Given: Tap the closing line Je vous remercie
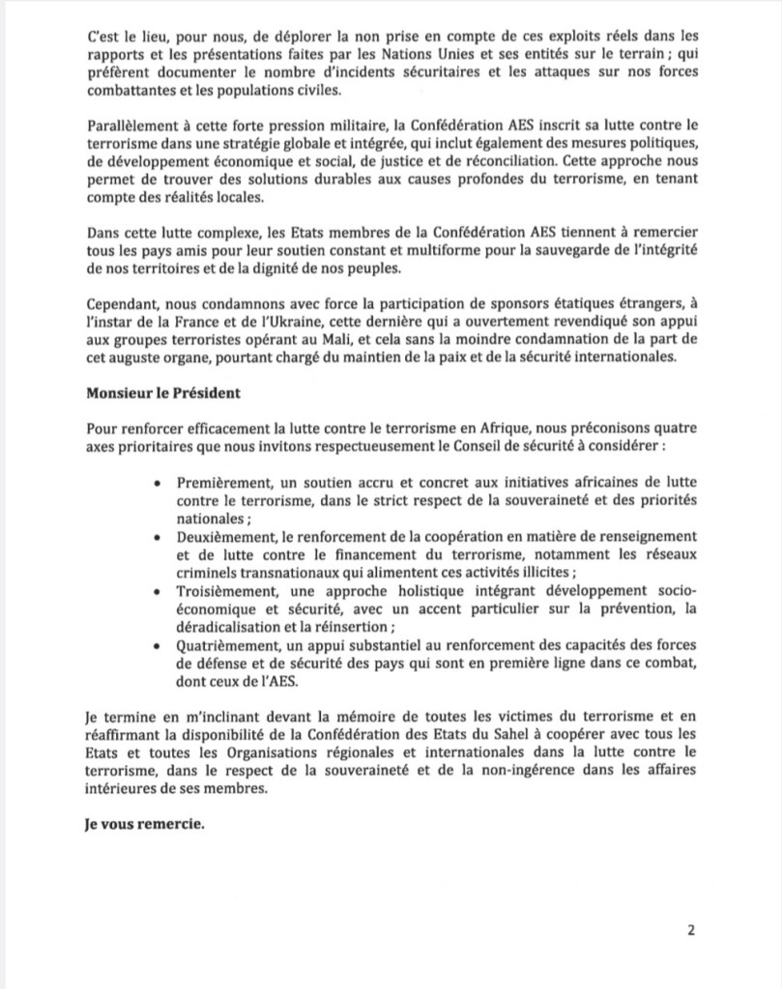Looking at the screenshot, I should tap(139, 826).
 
